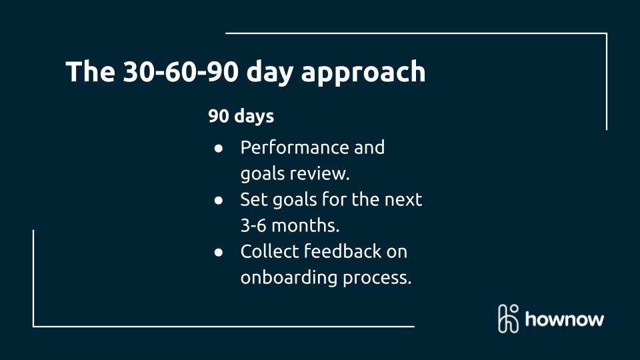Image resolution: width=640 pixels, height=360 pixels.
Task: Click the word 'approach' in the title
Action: tap(363, 73)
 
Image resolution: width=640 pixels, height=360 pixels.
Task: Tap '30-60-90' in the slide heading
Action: tap(181, 71)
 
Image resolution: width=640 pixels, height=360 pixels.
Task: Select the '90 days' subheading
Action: tap(241, 116)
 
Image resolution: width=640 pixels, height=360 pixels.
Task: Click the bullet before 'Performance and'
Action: tap(219, 148)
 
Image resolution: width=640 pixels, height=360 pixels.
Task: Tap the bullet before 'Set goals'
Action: tap(219, 200)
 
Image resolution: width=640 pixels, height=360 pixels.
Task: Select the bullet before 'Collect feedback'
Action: tap(219, 252)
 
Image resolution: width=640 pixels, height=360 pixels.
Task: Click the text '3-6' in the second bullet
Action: tap(253, 225)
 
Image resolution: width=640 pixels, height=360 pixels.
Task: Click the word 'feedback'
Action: tap(343, 251)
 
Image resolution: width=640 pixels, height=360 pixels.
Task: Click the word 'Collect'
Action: tap(270, 251)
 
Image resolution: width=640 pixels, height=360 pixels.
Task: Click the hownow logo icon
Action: tap(509, 319)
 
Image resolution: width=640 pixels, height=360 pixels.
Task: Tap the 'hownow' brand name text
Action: tap(565, 319)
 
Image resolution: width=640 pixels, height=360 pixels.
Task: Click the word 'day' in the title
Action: tap(270, 73)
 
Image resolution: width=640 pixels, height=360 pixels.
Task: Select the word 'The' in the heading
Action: tap(91, 71)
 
